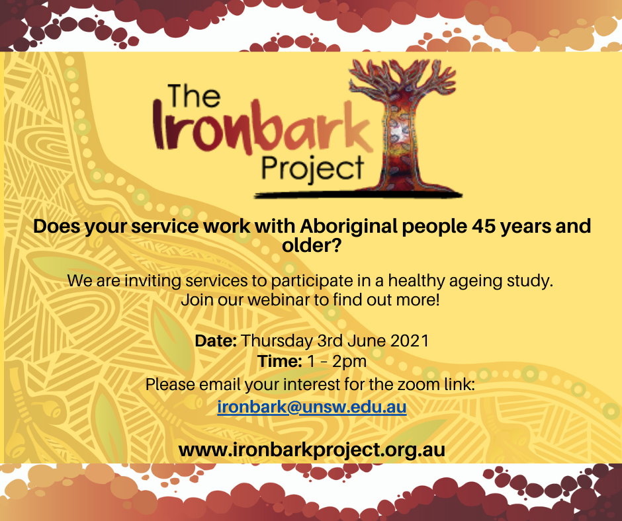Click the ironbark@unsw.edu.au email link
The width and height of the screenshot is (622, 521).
click(312, 407)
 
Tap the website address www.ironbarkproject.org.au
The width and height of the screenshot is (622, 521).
click(312, 450)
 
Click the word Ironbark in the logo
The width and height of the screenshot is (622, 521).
click(263, 127)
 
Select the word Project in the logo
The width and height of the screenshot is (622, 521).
click(312, 169)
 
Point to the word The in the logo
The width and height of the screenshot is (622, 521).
click(194, 96)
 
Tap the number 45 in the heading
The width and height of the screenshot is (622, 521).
click(484, 226)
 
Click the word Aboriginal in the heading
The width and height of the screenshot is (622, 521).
click(348, 226)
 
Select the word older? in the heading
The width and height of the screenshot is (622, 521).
click(312, 246)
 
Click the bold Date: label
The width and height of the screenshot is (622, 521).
click(216, 341)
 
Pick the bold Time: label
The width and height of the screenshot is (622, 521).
click(280, 361)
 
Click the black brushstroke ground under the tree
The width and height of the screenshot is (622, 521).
click(358, 194)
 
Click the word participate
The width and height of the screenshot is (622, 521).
click(312, 281)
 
